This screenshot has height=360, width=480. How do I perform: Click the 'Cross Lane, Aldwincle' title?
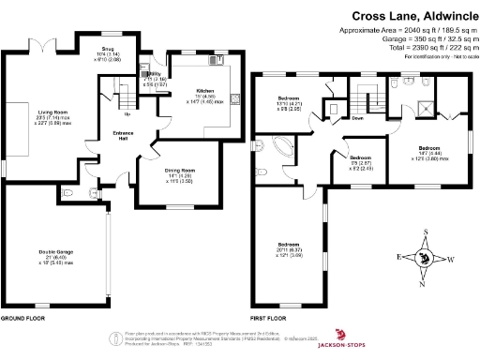(x=411, y=16)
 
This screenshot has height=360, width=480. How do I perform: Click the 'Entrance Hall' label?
(x=124, y=136)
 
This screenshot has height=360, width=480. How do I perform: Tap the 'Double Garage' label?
(x=56, y=251)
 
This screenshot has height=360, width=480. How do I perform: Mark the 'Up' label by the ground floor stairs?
(x=127, y=114)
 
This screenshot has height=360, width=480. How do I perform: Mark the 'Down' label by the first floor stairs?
(x=357, y=118)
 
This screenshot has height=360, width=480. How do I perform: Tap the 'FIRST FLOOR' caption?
(x=267, y=318)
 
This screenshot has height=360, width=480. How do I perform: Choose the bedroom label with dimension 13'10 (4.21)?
(x=288, y=97)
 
